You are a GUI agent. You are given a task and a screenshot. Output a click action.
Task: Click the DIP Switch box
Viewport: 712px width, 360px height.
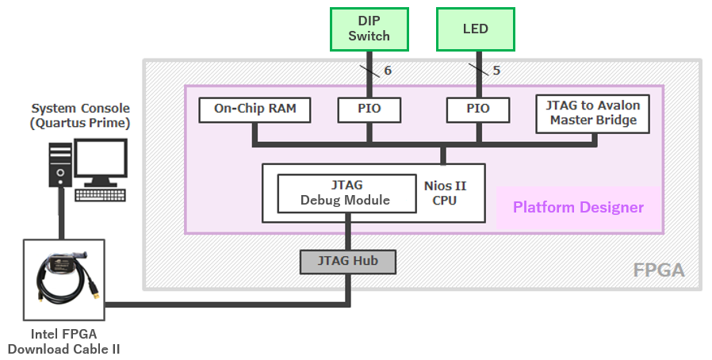369,29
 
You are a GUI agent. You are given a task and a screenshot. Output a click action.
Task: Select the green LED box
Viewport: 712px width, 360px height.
476,29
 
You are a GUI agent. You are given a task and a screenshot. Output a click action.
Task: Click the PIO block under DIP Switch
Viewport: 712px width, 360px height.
369,109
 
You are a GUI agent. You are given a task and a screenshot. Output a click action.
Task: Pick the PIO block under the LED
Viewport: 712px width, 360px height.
477,109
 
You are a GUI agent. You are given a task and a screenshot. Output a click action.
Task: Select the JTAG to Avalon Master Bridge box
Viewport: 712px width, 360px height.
592,113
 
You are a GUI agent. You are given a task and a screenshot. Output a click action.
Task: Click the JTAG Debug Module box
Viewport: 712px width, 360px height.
346,193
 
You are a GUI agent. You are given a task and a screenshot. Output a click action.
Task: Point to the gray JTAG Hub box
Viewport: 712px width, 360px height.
347,261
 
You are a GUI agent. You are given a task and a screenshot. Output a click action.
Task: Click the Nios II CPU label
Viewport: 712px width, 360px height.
444,193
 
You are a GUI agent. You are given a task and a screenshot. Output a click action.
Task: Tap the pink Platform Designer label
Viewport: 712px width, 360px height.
578,208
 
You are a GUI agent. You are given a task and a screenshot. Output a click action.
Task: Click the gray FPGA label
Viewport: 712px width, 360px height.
658,271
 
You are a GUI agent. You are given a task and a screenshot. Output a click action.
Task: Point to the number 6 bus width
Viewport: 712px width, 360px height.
388,71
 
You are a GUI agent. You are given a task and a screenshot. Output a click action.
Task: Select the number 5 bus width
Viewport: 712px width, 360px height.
496,71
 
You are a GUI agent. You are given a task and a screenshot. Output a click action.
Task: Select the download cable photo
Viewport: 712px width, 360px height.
65,278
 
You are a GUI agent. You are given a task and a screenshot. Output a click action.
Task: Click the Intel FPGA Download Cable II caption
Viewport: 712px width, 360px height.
63,342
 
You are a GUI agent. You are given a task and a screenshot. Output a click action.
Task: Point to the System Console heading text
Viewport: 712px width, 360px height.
80,108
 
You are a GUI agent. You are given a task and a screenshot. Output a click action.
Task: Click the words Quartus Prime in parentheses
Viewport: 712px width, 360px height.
80,123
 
